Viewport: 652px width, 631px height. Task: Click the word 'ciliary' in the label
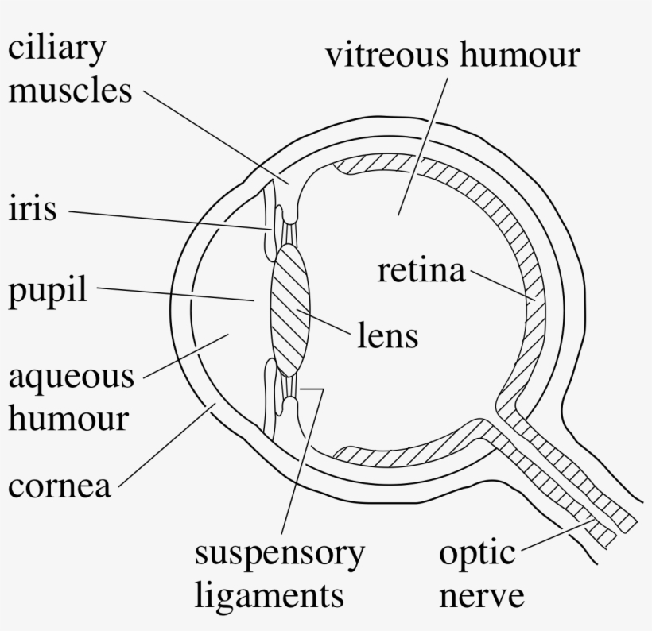(57, 50)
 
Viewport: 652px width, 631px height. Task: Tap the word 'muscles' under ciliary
(70, 91)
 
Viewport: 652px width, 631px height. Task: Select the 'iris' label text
(33, 211)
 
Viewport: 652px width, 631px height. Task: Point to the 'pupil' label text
(48, 292)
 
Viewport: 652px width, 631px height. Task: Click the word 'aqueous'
(71, 376)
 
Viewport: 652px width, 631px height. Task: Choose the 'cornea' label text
(60, 485)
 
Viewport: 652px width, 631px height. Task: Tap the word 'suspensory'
(280, 553)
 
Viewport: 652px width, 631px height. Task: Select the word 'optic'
(477, 553)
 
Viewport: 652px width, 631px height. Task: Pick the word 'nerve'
(482, 594)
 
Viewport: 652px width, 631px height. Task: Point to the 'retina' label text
(421, 272)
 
